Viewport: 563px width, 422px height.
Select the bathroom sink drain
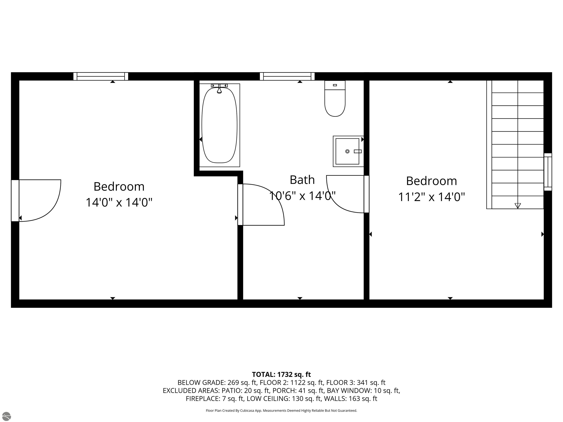[x=347, y=151]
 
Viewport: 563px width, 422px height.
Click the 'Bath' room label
[x=302, y=180]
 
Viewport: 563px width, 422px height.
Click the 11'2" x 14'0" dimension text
[x=431, y=197]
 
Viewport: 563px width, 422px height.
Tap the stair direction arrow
[x=517, y=206]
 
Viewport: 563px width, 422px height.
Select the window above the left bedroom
[x=101, y=76]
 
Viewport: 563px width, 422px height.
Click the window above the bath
[x=287, y=76]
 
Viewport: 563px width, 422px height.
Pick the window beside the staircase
[x=548, y=172]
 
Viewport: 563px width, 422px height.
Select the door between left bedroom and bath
[x=240, y=205]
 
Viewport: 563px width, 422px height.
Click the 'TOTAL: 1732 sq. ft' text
[x=281, y=374]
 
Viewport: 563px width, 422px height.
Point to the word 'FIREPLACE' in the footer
[x=202, y=399]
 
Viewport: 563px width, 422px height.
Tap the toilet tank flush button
[x=335, y=85]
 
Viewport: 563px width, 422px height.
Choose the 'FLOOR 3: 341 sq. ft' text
[x=356, y=383]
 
